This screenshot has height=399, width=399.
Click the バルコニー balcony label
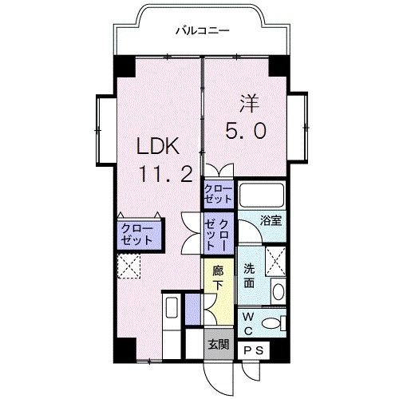203,31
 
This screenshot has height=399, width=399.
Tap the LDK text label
163,148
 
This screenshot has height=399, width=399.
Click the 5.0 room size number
247,130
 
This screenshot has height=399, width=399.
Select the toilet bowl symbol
274,322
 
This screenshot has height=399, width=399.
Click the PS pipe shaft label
254,350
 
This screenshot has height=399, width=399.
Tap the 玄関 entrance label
219,345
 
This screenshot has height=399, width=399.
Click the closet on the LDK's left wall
136,233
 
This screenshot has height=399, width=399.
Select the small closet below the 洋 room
218,192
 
